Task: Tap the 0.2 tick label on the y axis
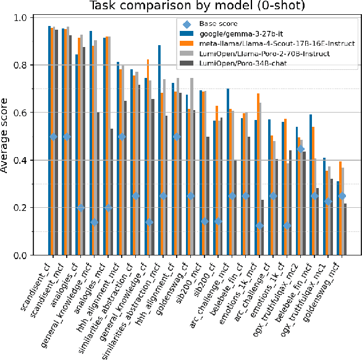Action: coord(30,208)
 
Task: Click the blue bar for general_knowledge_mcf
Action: coord(91,143)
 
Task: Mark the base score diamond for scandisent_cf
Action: coord(53,137)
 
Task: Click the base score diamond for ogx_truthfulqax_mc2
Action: coord(300,149)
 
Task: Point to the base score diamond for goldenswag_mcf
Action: coord(341,196)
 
